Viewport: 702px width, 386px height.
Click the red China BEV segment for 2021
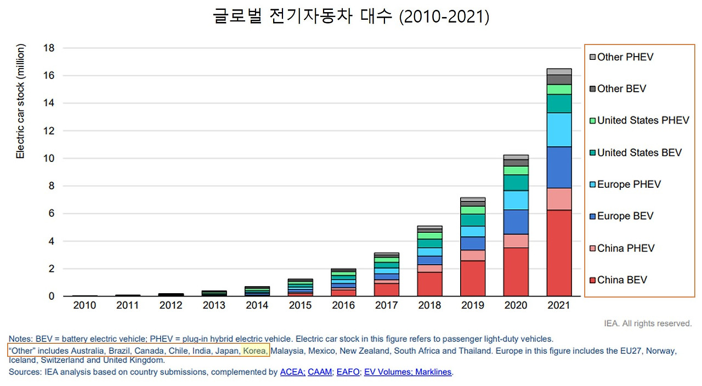(x=559, y=253)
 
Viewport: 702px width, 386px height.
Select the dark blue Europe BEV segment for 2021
(x=559, y=167)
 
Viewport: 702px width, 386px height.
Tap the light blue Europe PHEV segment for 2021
(x=559, y=130)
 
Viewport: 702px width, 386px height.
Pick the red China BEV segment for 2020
(x=516, y=272)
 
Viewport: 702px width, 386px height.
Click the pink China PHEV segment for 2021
(x=559, y=199)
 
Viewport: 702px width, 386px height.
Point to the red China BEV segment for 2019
(x=472, y=278)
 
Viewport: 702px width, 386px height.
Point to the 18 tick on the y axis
(x=48, y=48)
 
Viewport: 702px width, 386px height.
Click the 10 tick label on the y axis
(x=48, y=159)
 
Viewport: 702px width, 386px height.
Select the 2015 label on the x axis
(x=299, y=305)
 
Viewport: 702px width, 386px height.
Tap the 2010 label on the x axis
(x=84, y=305)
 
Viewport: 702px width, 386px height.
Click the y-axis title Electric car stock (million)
(x=21, y=102)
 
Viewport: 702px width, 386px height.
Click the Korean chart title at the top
(x=350, y=16)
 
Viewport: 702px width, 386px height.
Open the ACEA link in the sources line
(x=292, y=372)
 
